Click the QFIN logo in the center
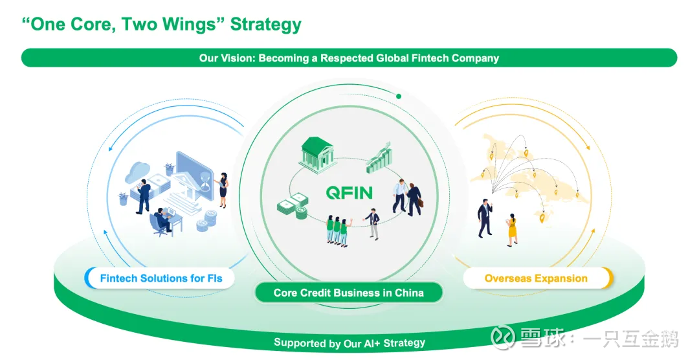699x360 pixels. point(349,193)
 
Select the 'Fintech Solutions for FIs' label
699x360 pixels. point(161,278)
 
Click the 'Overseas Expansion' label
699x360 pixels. point(537,278)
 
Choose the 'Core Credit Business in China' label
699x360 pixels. point(349,293)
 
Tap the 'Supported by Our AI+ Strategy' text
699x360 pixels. point(349,343)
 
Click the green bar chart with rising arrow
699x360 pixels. point(379,158)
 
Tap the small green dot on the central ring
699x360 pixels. point(399,96)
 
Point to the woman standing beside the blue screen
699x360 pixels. point(223,189)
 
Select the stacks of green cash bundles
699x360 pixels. point(293,206)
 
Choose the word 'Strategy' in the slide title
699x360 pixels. point(266,25)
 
